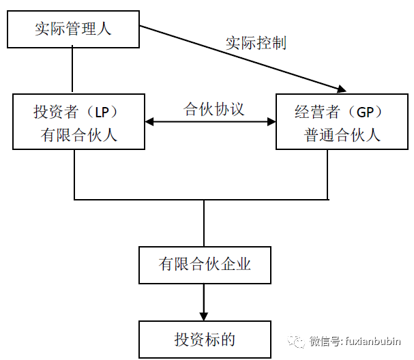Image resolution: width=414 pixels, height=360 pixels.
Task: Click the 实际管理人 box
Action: tap(72, 29)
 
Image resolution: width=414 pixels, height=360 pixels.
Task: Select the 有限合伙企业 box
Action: tap(205, 265)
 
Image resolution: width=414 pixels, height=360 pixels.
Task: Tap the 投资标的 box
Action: tap(205, 339)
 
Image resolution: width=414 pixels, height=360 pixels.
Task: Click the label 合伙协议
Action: tap(213, 109)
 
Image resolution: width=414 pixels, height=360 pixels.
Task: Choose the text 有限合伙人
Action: tap(79, 134)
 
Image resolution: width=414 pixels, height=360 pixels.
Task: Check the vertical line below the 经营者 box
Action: tap(328, 174)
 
